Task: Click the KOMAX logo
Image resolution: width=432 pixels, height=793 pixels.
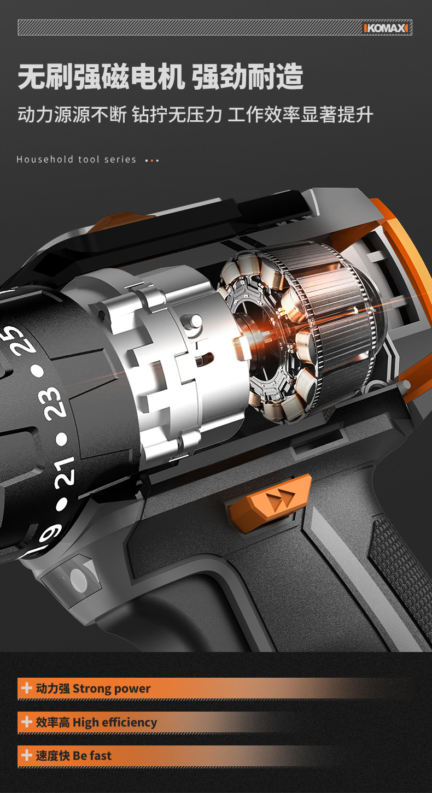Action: click(386, 28)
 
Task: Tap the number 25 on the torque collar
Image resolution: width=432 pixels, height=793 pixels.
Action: click(22, 340)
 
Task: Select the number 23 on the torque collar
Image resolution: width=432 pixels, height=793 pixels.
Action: click(52, 404)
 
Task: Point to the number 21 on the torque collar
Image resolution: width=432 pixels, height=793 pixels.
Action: click(65, 472)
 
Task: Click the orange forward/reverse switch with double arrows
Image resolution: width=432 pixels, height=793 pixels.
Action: click(270, 499)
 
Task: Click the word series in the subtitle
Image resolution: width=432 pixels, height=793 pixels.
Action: click(120, 160)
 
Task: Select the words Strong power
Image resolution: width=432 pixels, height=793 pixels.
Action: click(112, 689)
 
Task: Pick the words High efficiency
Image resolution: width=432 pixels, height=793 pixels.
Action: click(115, 722)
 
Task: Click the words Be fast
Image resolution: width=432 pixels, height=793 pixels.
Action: click(92, 755)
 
